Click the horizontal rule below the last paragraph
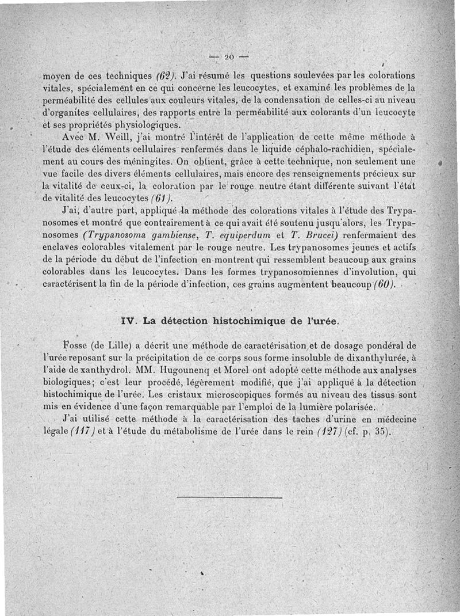[x=229, y=497]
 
